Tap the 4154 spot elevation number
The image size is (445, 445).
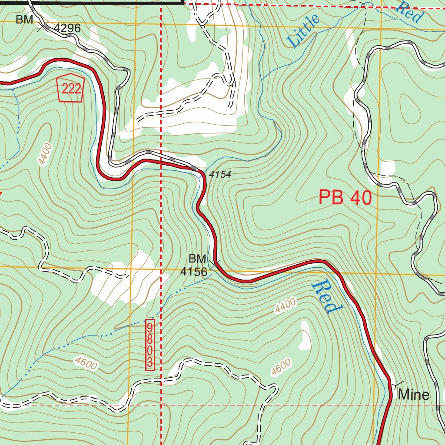(220, 175)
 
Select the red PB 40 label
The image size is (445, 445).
(345, 197)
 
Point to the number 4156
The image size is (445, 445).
(194, 272)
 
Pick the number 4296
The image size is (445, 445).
(67, 29)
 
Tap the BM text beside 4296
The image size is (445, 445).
(24, 20)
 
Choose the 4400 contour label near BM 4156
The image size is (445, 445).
(285, 306)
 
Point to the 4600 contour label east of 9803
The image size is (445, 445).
(281, 367)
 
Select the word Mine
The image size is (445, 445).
(414, 395)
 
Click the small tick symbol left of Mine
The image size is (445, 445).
(397, 385)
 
